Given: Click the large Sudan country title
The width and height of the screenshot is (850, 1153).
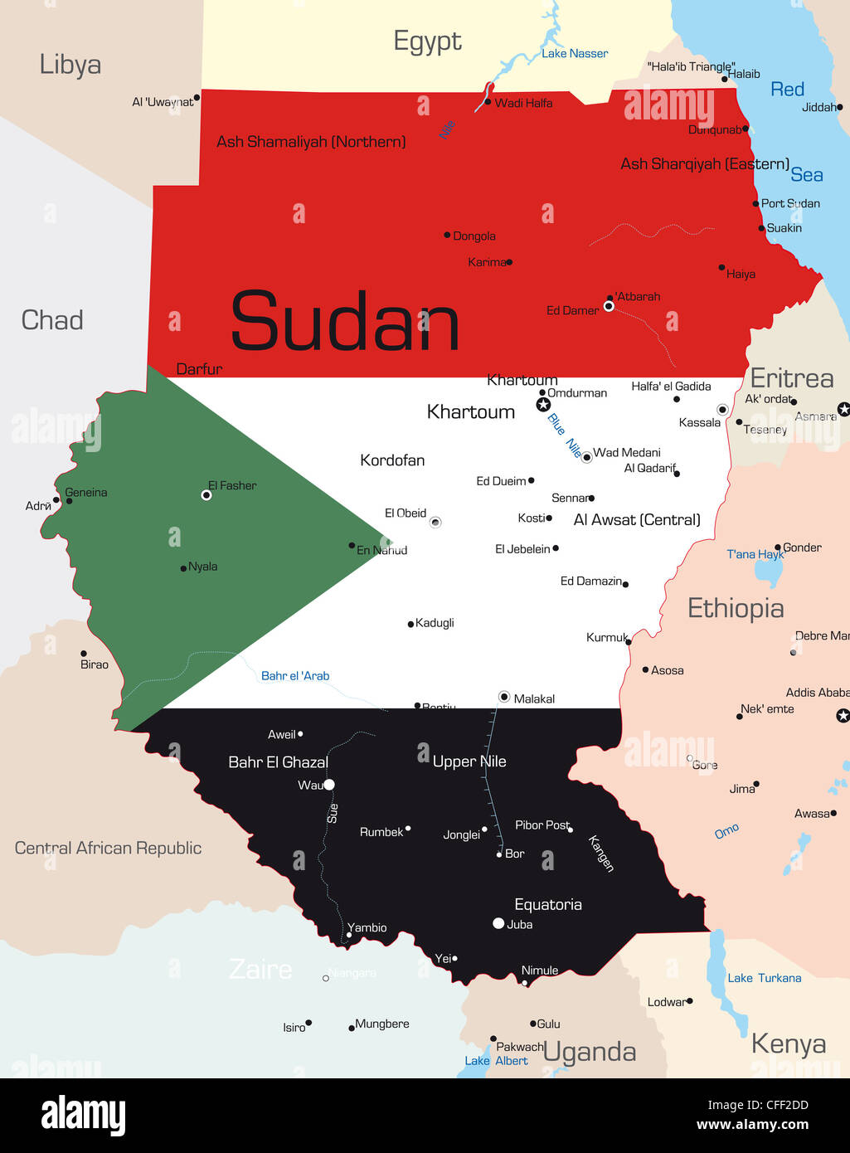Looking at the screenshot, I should point(344,322).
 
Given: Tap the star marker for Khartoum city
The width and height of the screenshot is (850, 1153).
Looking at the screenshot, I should point(543,405).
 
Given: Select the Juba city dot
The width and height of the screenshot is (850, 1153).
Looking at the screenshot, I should point(498,923).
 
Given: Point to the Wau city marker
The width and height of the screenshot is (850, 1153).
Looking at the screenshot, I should point(329,785).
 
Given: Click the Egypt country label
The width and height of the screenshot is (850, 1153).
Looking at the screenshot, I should point(427,41).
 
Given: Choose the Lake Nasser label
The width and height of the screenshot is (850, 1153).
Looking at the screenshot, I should point(575,54).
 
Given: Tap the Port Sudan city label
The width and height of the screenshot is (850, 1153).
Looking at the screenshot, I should point(790,203).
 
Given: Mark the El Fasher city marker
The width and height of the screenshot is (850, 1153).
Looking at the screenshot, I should point(206,495).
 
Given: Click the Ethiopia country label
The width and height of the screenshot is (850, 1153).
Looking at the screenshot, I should point(736,608).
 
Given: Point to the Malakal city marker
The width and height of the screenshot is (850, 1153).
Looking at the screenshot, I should point(504,697).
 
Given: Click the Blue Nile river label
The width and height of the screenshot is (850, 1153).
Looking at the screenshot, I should point(564,435).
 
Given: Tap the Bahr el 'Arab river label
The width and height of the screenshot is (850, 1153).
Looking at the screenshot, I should point(295,676).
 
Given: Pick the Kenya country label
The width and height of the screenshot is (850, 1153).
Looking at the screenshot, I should point(788,1044).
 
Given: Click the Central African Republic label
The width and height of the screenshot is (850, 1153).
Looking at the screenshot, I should point(108,848).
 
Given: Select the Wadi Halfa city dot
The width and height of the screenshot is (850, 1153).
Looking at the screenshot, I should point(488,103).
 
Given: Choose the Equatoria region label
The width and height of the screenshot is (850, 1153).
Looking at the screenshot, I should point(548,904).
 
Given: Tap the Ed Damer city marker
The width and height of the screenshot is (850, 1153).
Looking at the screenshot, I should point(609,307).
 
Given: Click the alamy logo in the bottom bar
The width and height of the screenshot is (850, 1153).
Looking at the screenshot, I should point(84,1116).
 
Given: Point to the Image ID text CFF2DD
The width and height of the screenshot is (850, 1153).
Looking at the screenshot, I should point(757,1105).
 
